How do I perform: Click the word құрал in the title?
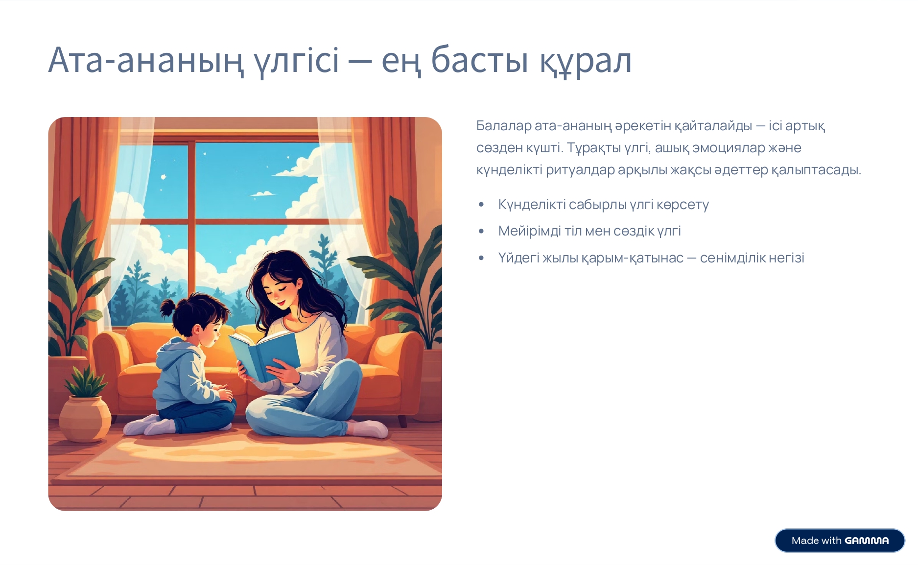(586, 62)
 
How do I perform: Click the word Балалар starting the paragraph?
(504, 126)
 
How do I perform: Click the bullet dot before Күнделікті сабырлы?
(481, 205)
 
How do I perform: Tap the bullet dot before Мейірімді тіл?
(481, 231)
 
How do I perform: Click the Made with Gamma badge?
(840, 541)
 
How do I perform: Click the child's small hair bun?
(167, 307)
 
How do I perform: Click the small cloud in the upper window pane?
(262, 194)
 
